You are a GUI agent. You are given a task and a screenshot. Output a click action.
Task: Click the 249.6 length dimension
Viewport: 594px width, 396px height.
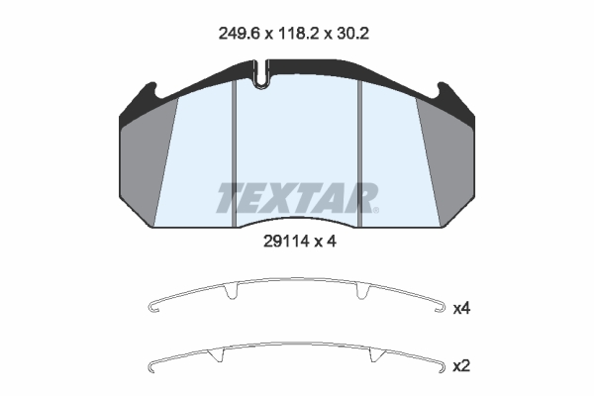pyautogui.click(x=239, y=34)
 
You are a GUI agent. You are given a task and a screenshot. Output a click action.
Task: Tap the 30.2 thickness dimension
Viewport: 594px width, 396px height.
pyautogui.click(x=351, y=34)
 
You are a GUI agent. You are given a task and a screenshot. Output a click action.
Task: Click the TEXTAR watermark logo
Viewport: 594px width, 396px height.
pyautogui.click(x=296, y=198)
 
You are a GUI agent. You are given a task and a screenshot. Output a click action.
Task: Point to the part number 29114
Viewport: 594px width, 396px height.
pyautogui.click(x=287, y=242)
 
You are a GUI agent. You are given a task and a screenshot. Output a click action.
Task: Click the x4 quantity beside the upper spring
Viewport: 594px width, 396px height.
pyautogui.click(x=461, y=309)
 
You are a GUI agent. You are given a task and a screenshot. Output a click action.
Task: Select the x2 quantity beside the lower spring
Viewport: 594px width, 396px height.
pyautogui.click(x=461, y=366)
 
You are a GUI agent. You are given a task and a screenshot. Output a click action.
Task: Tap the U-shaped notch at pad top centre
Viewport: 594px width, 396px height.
pyautogui.click(x=260, y=74)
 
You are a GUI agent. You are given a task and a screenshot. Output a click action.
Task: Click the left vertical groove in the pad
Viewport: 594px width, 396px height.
pyautogui.click(x=234, y=153)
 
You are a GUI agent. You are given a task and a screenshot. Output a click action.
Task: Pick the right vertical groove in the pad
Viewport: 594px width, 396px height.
pyautogui.click(x=360, y=153)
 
